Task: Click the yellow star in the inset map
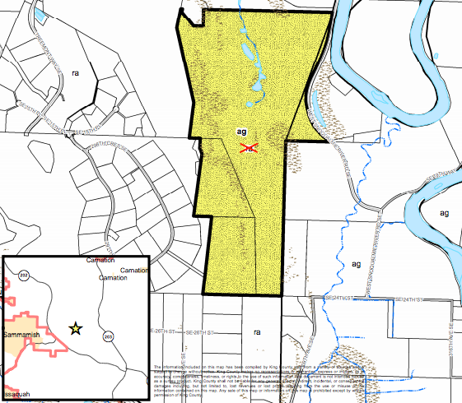point(75,328)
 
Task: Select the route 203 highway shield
point(108,336)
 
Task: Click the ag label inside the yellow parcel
point(241,132)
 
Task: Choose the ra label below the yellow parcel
point(256,332)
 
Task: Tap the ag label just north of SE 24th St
point(356,264)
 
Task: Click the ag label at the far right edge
point(444,213)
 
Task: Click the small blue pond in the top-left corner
point(40,15)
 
